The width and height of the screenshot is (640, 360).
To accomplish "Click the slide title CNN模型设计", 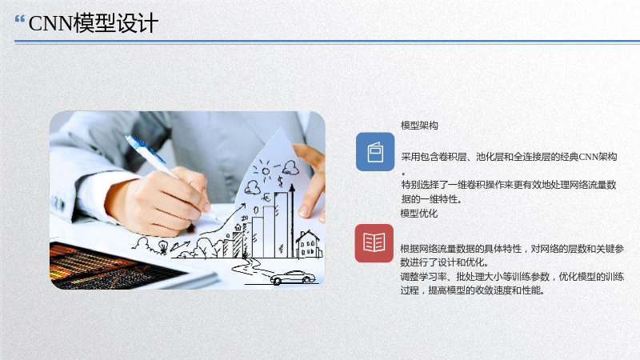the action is [94, 23].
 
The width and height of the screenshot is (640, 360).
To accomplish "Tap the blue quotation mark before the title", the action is [20, 18].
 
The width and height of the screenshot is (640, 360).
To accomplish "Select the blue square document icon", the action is [375, 152].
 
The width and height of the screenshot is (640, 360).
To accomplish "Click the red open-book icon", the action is [374, 243].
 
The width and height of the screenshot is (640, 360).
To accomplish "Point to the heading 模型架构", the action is [419, 126].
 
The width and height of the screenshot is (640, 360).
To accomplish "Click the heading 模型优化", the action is [418, 213].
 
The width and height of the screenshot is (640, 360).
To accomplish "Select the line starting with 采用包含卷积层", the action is [509, 157].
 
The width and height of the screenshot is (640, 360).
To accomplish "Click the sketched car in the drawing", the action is [293, 278].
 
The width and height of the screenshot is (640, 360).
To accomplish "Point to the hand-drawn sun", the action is [266, 170].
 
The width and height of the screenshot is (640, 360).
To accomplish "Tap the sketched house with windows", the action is [309, 244].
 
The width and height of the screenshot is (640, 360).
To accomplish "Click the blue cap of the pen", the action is [145, 148].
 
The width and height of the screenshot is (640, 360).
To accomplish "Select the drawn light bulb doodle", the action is [163, 246].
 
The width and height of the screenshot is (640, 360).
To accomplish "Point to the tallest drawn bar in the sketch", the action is [281, 225].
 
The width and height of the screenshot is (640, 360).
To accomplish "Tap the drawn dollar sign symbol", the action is [280, 181].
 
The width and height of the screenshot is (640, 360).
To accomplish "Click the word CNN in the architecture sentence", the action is [588, 157].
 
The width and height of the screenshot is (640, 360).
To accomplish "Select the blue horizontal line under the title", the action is [327, 42].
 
